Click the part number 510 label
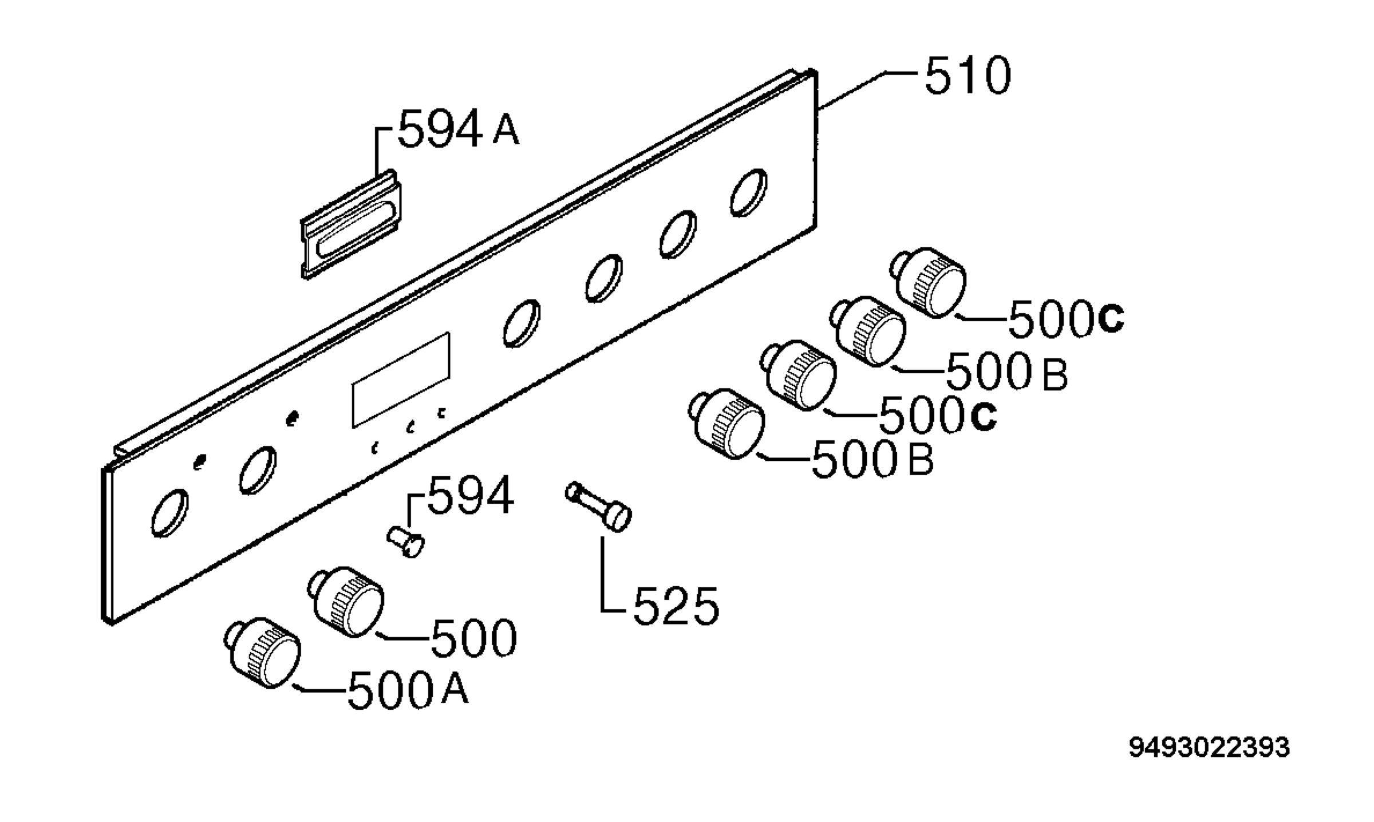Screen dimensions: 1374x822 tap(968, 76)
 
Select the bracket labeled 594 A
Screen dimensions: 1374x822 tap(351, 224)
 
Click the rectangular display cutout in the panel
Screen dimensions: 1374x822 tap(401, 380)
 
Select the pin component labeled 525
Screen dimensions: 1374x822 tap(598, 508)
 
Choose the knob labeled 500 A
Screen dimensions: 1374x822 tap(263, 653)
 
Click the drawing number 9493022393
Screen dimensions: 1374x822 tap(1209, 748)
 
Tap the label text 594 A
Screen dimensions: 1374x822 tap(459, 130)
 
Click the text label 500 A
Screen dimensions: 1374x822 tap(408, 690)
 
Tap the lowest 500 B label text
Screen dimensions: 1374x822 tap(872, 459)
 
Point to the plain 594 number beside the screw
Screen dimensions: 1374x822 tap(471, 496)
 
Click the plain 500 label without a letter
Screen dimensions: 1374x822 tap(473, 638)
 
